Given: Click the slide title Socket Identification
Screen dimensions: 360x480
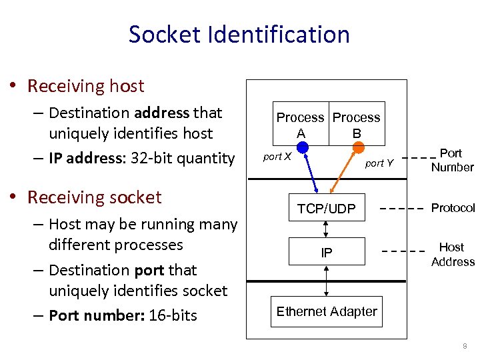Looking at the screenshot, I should point(239,34).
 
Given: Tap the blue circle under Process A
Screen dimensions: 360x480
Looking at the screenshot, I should point(302,147).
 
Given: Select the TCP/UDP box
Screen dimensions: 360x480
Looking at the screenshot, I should point(327,209).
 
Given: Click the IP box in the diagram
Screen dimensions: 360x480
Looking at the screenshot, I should point(327,252).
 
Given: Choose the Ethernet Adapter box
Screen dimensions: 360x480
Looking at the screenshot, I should point(327,311).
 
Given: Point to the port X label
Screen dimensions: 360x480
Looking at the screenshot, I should point(277,157).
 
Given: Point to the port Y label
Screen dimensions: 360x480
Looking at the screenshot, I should point(379,163).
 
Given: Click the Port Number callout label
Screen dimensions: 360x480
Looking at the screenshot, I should point(451,160).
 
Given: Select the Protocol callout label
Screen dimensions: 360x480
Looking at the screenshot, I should point(453,208).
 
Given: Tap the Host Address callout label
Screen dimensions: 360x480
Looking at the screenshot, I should point(452,254).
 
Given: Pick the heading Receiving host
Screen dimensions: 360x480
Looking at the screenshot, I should point(85,86).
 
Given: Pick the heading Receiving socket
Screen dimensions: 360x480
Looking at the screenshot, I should point(94,197).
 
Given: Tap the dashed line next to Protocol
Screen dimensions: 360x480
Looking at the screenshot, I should point(402,209).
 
